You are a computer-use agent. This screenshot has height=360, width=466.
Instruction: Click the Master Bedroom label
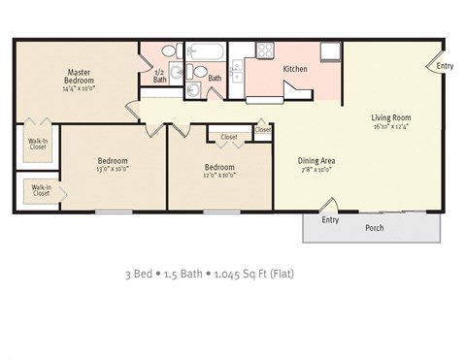[80, 76]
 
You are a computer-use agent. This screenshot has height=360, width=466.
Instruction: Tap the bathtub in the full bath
[205, 51]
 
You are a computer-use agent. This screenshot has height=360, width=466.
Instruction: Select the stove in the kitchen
[264, 50]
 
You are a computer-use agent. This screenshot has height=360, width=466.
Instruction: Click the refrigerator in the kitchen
[330, 51]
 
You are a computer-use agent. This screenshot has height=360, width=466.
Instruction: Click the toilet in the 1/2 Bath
[168, 51]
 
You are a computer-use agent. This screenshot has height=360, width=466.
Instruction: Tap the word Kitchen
[295, 70]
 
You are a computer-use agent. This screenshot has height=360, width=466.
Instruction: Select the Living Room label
[391, 117]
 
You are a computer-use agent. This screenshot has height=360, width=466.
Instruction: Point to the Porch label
[374, 228]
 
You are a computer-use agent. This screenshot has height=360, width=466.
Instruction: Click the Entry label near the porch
[330, 219]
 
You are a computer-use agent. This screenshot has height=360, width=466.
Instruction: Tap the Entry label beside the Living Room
[445, 66]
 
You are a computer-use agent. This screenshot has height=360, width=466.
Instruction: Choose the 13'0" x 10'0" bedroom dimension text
[113, 169]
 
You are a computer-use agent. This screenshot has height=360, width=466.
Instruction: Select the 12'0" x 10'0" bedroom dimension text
[219, 175]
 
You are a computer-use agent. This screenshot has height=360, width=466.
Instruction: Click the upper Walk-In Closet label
[37, 146]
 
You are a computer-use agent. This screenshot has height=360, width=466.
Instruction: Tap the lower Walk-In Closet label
[41, 190]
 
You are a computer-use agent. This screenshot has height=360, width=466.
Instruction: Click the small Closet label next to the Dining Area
[263, 129]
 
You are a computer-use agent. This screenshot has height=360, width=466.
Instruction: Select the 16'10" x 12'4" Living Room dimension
[391, 126]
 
